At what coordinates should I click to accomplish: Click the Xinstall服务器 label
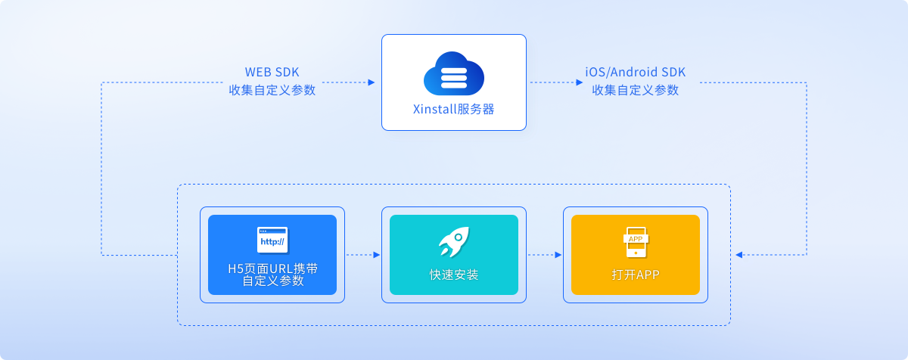pyautogui.click(x=453, y=109)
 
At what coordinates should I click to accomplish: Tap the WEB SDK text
pyautogui.click(x=272, y=73)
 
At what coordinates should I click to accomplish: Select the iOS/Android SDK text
pyautogui.click(x=636, y=73)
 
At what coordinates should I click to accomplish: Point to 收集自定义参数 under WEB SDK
pyautogui.click(x=272, y=91)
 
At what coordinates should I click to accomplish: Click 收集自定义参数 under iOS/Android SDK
pyautogui.click(x=636, y=91)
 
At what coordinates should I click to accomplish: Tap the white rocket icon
pyautogui.click(x=453, y=242)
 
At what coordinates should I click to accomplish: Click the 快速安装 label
pyautogui.click(x=453, y=275)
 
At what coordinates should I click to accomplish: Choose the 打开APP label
pyautogui.click(x=636, y=275)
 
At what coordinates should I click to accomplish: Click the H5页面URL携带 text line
pyautogui.click(x=272, y=268)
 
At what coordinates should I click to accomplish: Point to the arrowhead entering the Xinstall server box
pyautogui.click(x=372, y=82)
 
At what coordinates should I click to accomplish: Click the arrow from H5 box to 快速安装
pyautogui.click(x=363, y=255)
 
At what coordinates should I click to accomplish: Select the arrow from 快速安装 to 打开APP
pyautogui.click(x=545, y=255)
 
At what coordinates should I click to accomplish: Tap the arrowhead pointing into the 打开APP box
pyautogui.click(x=739, y=255)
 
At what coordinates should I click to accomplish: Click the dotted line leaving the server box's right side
pyautogui.click(x=552, y=82)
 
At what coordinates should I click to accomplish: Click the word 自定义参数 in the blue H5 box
pyautogui.click(x=272, y=281)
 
